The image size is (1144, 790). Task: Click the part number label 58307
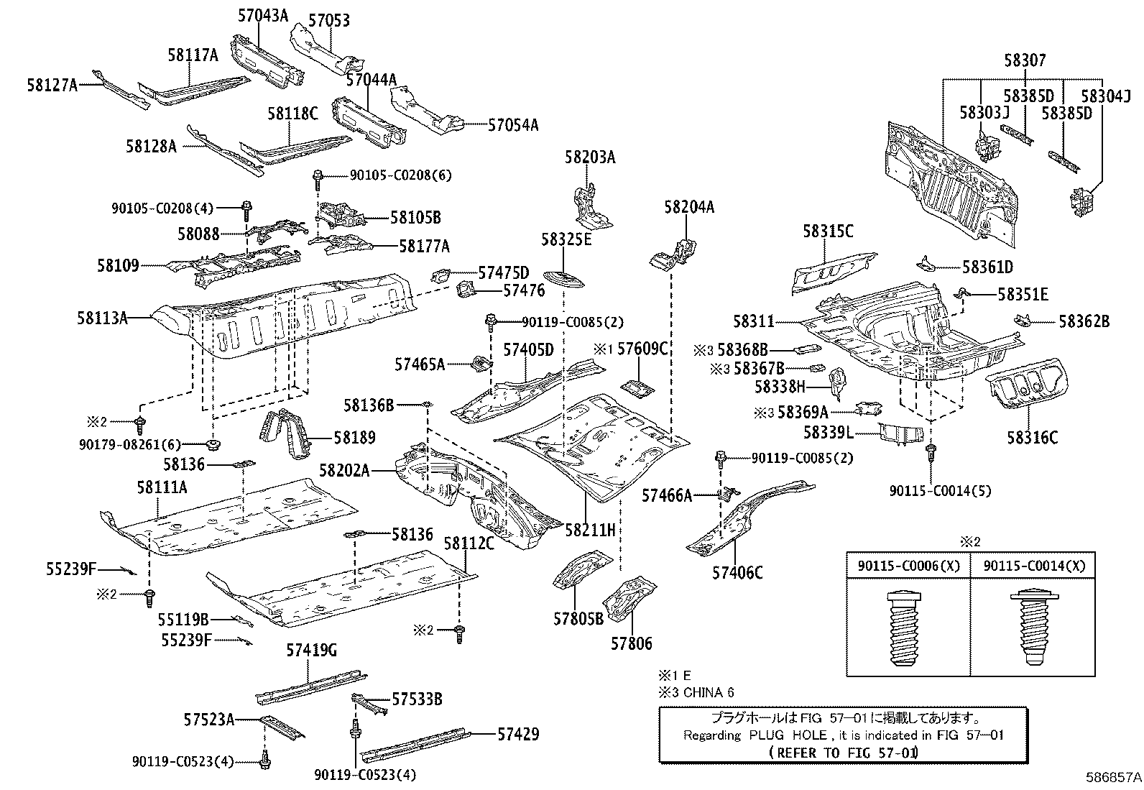(1025, 61)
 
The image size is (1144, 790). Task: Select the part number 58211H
(590, 531)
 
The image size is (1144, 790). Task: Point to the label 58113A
(102, 317)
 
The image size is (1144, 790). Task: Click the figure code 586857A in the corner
(1113, 777)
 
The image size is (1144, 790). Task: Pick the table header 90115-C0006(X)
(908, 566)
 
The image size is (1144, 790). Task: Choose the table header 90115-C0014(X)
(1033, 566)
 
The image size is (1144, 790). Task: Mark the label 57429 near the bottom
(517, 734)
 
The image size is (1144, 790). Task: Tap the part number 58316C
(1032, 437)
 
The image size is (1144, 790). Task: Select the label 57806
(632, 643)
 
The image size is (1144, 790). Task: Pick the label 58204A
(689, 207)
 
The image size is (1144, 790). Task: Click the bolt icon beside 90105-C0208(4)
(246, 208)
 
